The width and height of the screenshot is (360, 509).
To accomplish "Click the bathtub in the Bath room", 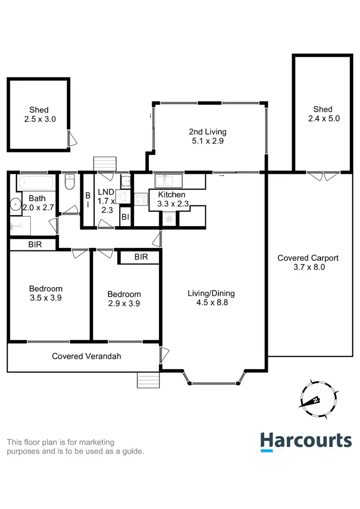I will tap(36, 182).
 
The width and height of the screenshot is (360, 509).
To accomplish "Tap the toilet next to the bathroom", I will tap(69, 183).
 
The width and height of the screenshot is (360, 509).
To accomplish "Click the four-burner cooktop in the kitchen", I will tap(141, 198).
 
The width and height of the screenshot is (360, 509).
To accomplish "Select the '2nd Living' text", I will tap(207, 132).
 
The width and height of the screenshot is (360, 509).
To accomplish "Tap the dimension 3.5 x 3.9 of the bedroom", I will tap(46, 298).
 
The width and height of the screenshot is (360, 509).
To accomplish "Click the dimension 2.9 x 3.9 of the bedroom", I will tap(124, 303).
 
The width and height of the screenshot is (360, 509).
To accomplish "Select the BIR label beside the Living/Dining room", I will tap(141, 257).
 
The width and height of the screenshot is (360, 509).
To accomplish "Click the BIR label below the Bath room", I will tap(35, 244).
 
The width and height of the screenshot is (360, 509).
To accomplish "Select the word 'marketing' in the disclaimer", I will tap(97, 442).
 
